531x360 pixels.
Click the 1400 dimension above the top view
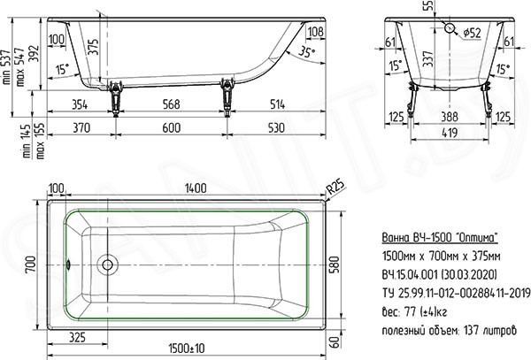[x=196, y=188]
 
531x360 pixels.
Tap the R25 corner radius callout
[x=335, y=187]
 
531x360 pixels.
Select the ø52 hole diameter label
[x=472, y=33]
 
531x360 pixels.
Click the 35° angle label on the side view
[x=306, y=52]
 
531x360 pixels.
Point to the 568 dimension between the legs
[x=171, y=104]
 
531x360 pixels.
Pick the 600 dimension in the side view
[x=172, y=128]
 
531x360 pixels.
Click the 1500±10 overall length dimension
[x=186, y=349]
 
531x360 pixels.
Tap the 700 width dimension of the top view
[x=30, y=265]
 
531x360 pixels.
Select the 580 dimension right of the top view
[x=334, y=265]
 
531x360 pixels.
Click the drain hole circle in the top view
[x=107, y=264]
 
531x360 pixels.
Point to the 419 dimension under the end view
[x=450, y=133]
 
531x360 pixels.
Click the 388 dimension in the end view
[x=450, y=117]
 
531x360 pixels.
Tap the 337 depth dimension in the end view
[x=428, y=59]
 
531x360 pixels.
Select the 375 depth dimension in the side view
[x=94, y=47]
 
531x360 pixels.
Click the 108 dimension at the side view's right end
[x=316, y=32]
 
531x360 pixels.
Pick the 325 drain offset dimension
[x=77, y=337]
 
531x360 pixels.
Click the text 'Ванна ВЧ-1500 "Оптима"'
[x=440, y=238]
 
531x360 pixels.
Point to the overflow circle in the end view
[x=450, y=28]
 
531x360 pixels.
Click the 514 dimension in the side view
[x=277, y=104]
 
